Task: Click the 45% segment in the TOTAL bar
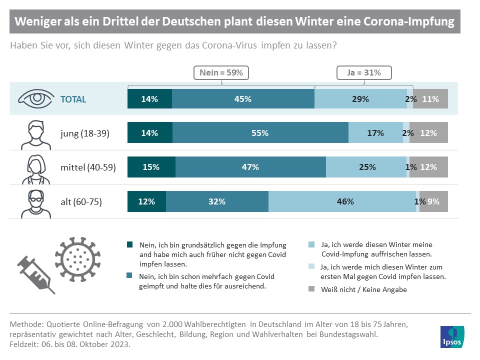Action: [243, 99]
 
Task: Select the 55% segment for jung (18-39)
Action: [260, 133]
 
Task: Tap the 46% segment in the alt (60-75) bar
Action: [342, 202]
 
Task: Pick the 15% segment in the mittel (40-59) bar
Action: [151, 167]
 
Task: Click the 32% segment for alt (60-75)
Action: [217, 202]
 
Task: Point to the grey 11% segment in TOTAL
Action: [430, 99]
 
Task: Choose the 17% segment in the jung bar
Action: [375, 133]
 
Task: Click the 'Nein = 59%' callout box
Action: [221, 72]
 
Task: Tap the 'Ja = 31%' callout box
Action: [363, 72]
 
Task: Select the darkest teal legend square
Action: [130, 245]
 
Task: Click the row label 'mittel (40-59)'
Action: [87, 167]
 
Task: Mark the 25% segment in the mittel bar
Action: [367, 167]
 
